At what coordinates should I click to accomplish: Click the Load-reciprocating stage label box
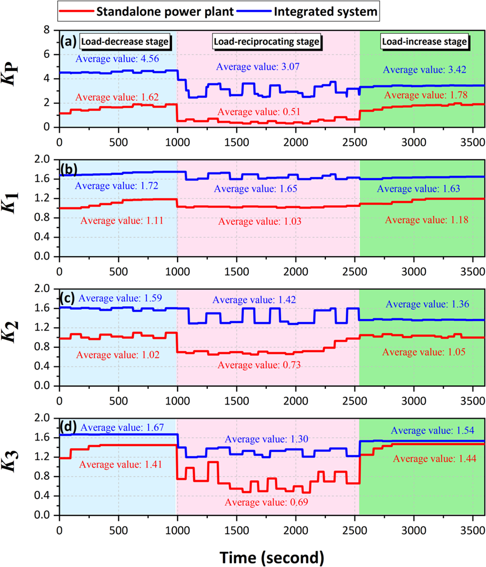[266, 41]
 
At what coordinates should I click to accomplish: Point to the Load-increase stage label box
[424, 41]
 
